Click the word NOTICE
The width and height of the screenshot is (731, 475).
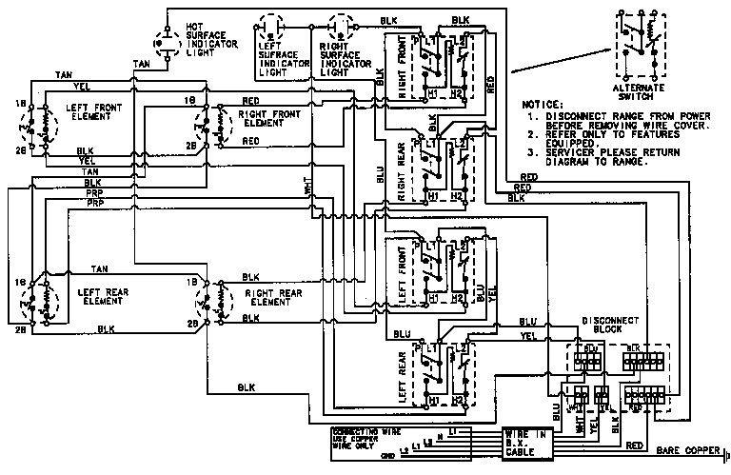[x=543, y=103]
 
